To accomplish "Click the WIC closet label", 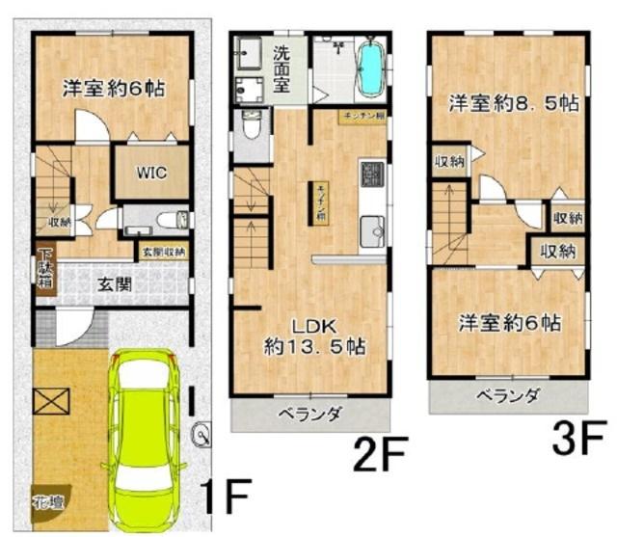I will (151, 174).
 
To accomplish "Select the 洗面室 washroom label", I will (285, 68).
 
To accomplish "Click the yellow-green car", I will (147, 439).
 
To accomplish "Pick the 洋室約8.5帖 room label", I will (510, 102).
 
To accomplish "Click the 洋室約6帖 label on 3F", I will (510, 321).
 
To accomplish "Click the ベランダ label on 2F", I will (310, 415).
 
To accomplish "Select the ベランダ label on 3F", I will (508, 396).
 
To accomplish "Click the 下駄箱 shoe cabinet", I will (44, 271).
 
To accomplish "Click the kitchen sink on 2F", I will (372, 230).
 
